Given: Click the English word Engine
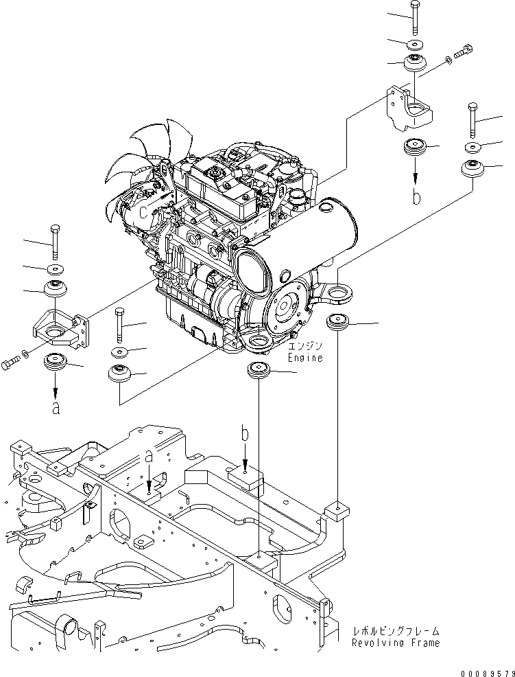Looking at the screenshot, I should [304, 358].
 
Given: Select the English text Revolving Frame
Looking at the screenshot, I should [395, 643].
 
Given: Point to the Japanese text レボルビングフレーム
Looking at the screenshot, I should [396, 631].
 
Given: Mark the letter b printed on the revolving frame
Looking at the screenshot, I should [244, 435].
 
